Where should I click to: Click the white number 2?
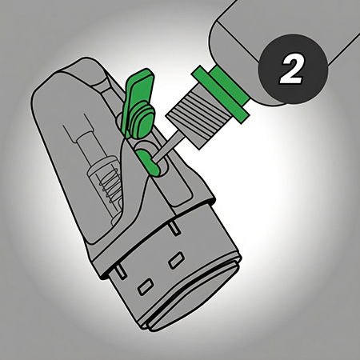click(x=291, y=70)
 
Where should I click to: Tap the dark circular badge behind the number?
click(x=294, y=69)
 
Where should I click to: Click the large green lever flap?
click(x=138, y=94)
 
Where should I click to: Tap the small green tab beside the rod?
click(x=148, y=162)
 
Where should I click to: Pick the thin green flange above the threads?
click(x=221, y=95)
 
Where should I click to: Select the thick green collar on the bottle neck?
click(x=230, y=86)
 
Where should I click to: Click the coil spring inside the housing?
click(x=110, y=186)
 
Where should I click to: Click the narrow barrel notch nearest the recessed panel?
click(x=175, y=229)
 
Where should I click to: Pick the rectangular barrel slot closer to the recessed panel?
click(x=177, y=260)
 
